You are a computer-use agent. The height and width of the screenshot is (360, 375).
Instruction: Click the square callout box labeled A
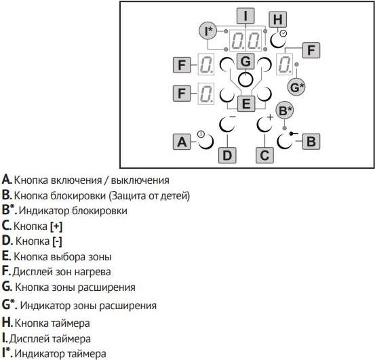(x=182, y=142)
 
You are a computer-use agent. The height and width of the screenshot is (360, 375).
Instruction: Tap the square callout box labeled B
(x=311, y=142)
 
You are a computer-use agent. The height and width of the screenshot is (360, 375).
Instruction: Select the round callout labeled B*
(x=285, y=111)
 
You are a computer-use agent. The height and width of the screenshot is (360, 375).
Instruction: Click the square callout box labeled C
(x=264, y=155)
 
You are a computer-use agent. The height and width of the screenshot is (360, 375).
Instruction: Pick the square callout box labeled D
(x=227, y=155)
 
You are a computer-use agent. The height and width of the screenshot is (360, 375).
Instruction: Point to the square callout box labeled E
(x=246, y=104)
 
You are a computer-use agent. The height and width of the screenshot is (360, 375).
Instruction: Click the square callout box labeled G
(x=245, y=62)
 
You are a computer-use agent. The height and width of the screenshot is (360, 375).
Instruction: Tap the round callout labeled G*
(x=296, y=87)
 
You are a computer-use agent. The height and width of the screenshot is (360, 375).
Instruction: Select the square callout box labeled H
(x=278, y=20)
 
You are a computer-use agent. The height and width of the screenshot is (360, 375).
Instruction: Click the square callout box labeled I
(x=245, y=16)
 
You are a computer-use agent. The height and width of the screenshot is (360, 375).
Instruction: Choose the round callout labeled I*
(x=208, y=31)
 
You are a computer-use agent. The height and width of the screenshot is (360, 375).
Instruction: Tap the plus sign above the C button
(x=270, y=117)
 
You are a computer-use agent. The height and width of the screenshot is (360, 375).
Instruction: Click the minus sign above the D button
(x=232, y=117)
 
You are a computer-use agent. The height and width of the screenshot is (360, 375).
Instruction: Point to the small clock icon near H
(x=283, y=33)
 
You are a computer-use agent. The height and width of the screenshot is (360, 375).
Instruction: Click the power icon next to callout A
(x=201, y=134)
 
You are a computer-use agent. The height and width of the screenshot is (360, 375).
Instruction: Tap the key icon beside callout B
(x=294, y=134)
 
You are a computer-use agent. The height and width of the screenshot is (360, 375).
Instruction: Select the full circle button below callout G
(x=245, y=79)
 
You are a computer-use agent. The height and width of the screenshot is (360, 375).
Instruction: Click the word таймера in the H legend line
(x=71, y=323)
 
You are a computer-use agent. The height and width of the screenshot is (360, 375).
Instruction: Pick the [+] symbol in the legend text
(x=56, y=226)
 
